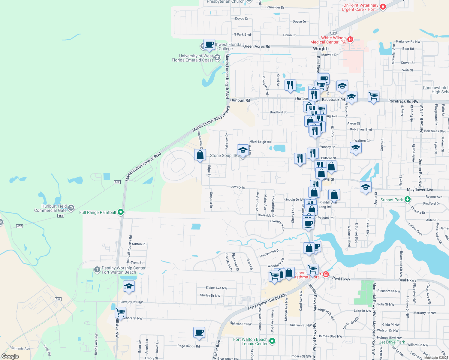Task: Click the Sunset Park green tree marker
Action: click(407, 199)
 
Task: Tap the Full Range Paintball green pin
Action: click(121, 212)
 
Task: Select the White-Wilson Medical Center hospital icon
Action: click(350, 40)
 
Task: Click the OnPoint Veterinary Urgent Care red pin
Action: click(383, 7)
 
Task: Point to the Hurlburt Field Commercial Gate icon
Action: click(71, 208)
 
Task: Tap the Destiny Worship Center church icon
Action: click(97, 269)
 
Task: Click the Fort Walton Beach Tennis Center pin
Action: click(272, 341)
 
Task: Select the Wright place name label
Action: click(320, 49)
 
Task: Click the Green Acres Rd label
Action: click(257, 46)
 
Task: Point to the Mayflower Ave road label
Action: click(420, 190)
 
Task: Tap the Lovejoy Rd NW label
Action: click(131, 302)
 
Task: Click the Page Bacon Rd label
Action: click(188, 346)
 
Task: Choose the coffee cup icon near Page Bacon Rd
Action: click(199, 332)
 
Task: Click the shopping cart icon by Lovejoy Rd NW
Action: click(120, 313)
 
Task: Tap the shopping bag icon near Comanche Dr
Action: click(200, 155)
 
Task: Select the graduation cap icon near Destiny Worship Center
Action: click(129, 286)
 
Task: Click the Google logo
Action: click(10, 356)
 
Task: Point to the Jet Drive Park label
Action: click(392, 342)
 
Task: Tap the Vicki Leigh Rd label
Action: click(260, 142)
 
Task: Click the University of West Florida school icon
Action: click(217, 57)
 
